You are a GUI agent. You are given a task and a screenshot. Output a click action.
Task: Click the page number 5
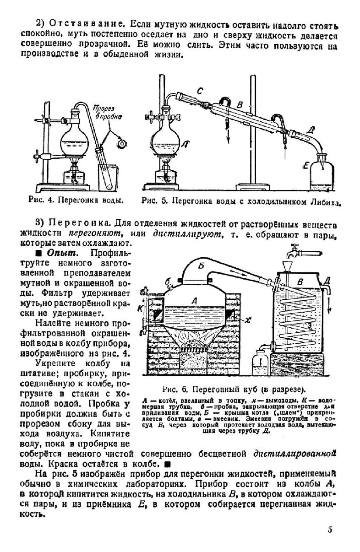click(330, 530)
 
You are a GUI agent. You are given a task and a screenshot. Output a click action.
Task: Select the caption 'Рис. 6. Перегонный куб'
click(234, 390)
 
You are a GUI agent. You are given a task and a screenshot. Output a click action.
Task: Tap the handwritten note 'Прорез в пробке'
click(107, 113)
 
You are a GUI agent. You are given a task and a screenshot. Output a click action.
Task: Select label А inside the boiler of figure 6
click(194, 301)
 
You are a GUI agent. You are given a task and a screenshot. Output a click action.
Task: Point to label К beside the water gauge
click(140, 308)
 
